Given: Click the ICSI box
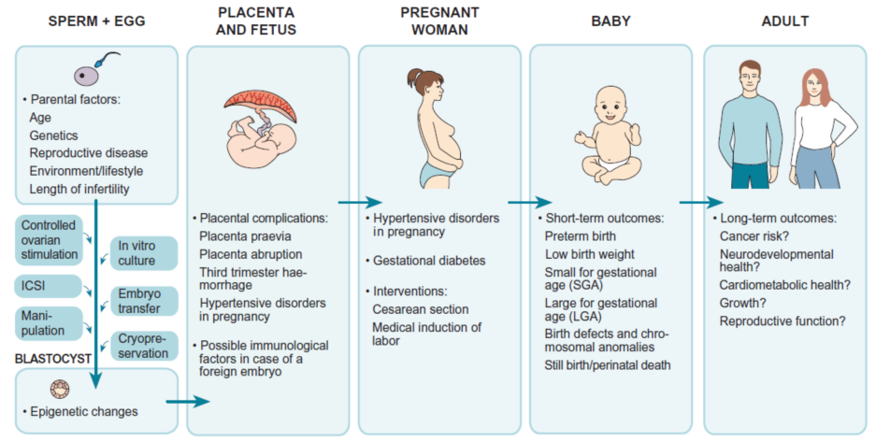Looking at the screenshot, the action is (49, 286).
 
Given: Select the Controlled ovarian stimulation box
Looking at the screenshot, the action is (49, 240).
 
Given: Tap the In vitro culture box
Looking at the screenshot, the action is (144, 253).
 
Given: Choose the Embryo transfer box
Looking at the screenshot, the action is (144, 301).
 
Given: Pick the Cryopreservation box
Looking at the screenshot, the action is (144, 346).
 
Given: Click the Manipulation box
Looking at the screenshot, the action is (49, 323).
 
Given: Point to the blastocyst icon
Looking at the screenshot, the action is (60, 389).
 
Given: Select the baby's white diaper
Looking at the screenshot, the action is (610, 163).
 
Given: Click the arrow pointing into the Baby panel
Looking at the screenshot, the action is (530, 203).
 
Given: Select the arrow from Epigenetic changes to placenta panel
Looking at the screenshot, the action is (188, 402).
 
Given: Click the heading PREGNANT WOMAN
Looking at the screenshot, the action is (439, 21).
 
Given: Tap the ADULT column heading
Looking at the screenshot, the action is (785, 21).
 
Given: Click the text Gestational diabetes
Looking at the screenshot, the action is (429, 261).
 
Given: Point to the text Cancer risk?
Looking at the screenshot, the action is (754, 236).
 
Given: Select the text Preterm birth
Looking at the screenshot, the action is (581, 236).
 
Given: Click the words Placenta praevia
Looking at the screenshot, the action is (245, 236).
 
